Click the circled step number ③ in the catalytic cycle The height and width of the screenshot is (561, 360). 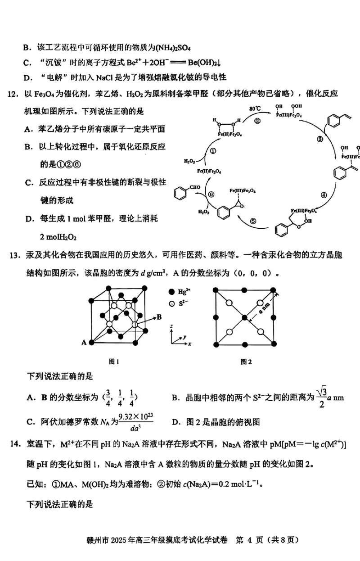(x=320, y=139)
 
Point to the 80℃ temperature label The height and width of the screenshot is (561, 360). (x=255, y=109)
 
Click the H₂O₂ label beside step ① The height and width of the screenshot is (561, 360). (x=189, y=161)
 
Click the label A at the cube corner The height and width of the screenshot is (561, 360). (x=84, y=343)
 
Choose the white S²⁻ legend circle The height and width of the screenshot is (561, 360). (x=171, y=304)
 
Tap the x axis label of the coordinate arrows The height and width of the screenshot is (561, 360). (x=190, y=344)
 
